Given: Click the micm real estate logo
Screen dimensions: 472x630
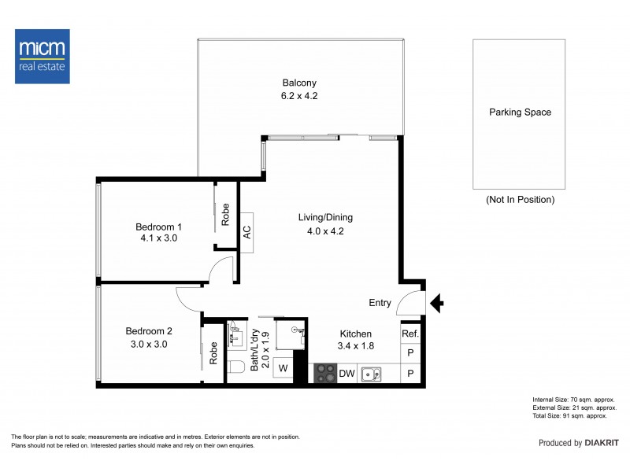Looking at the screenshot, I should pos(43,56).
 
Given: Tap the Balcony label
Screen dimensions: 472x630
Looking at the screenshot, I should pos(299,83).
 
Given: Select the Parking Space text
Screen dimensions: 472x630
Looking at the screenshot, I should pos(520,112).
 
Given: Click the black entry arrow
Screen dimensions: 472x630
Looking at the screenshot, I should pos(438,303).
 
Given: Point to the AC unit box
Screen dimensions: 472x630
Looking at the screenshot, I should pos(246,232).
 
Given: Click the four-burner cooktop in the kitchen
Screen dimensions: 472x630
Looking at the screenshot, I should pos(324,374).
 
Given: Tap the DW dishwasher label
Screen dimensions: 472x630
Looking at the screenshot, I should pos(346,374).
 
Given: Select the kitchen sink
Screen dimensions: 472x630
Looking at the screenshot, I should pos(372,374).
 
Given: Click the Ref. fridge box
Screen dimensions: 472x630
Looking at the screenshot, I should pos(410,334).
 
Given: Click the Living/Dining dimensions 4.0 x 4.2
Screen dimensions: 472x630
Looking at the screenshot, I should pos(325,231).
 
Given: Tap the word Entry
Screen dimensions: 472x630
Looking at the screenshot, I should pos(380,303).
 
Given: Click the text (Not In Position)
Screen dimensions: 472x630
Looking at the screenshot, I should pos(520,200).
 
